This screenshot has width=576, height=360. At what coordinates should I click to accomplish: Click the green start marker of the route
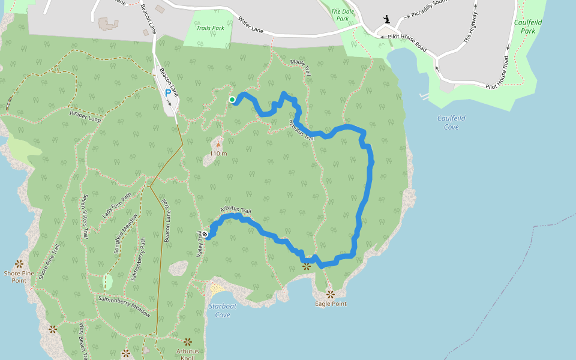coord(232,100)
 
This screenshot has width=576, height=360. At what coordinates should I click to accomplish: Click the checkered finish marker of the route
coord(205,234)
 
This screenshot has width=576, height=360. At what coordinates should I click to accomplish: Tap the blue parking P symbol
coord(167,93)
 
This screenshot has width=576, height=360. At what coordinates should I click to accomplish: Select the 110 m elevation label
coord(218,154)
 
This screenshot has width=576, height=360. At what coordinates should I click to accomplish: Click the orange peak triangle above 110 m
coord(218,144)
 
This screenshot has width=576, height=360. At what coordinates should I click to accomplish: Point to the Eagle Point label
coord(331,304)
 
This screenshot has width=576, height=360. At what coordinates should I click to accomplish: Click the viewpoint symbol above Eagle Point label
coord(331,294)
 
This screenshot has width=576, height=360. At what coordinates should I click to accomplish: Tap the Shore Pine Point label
coord(19,277)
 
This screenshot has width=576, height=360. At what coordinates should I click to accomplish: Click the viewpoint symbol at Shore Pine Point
coord(19,263)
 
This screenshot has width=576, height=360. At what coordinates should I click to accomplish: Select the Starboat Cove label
coord(223,311)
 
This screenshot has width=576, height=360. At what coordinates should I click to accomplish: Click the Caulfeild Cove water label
coord(451,122)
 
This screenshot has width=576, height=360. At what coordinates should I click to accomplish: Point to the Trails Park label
coord(210,28)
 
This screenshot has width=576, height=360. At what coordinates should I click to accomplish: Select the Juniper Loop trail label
coord(85,116)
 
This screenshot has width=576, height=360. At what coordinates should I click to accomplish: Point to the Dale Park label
coord(342,15)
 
